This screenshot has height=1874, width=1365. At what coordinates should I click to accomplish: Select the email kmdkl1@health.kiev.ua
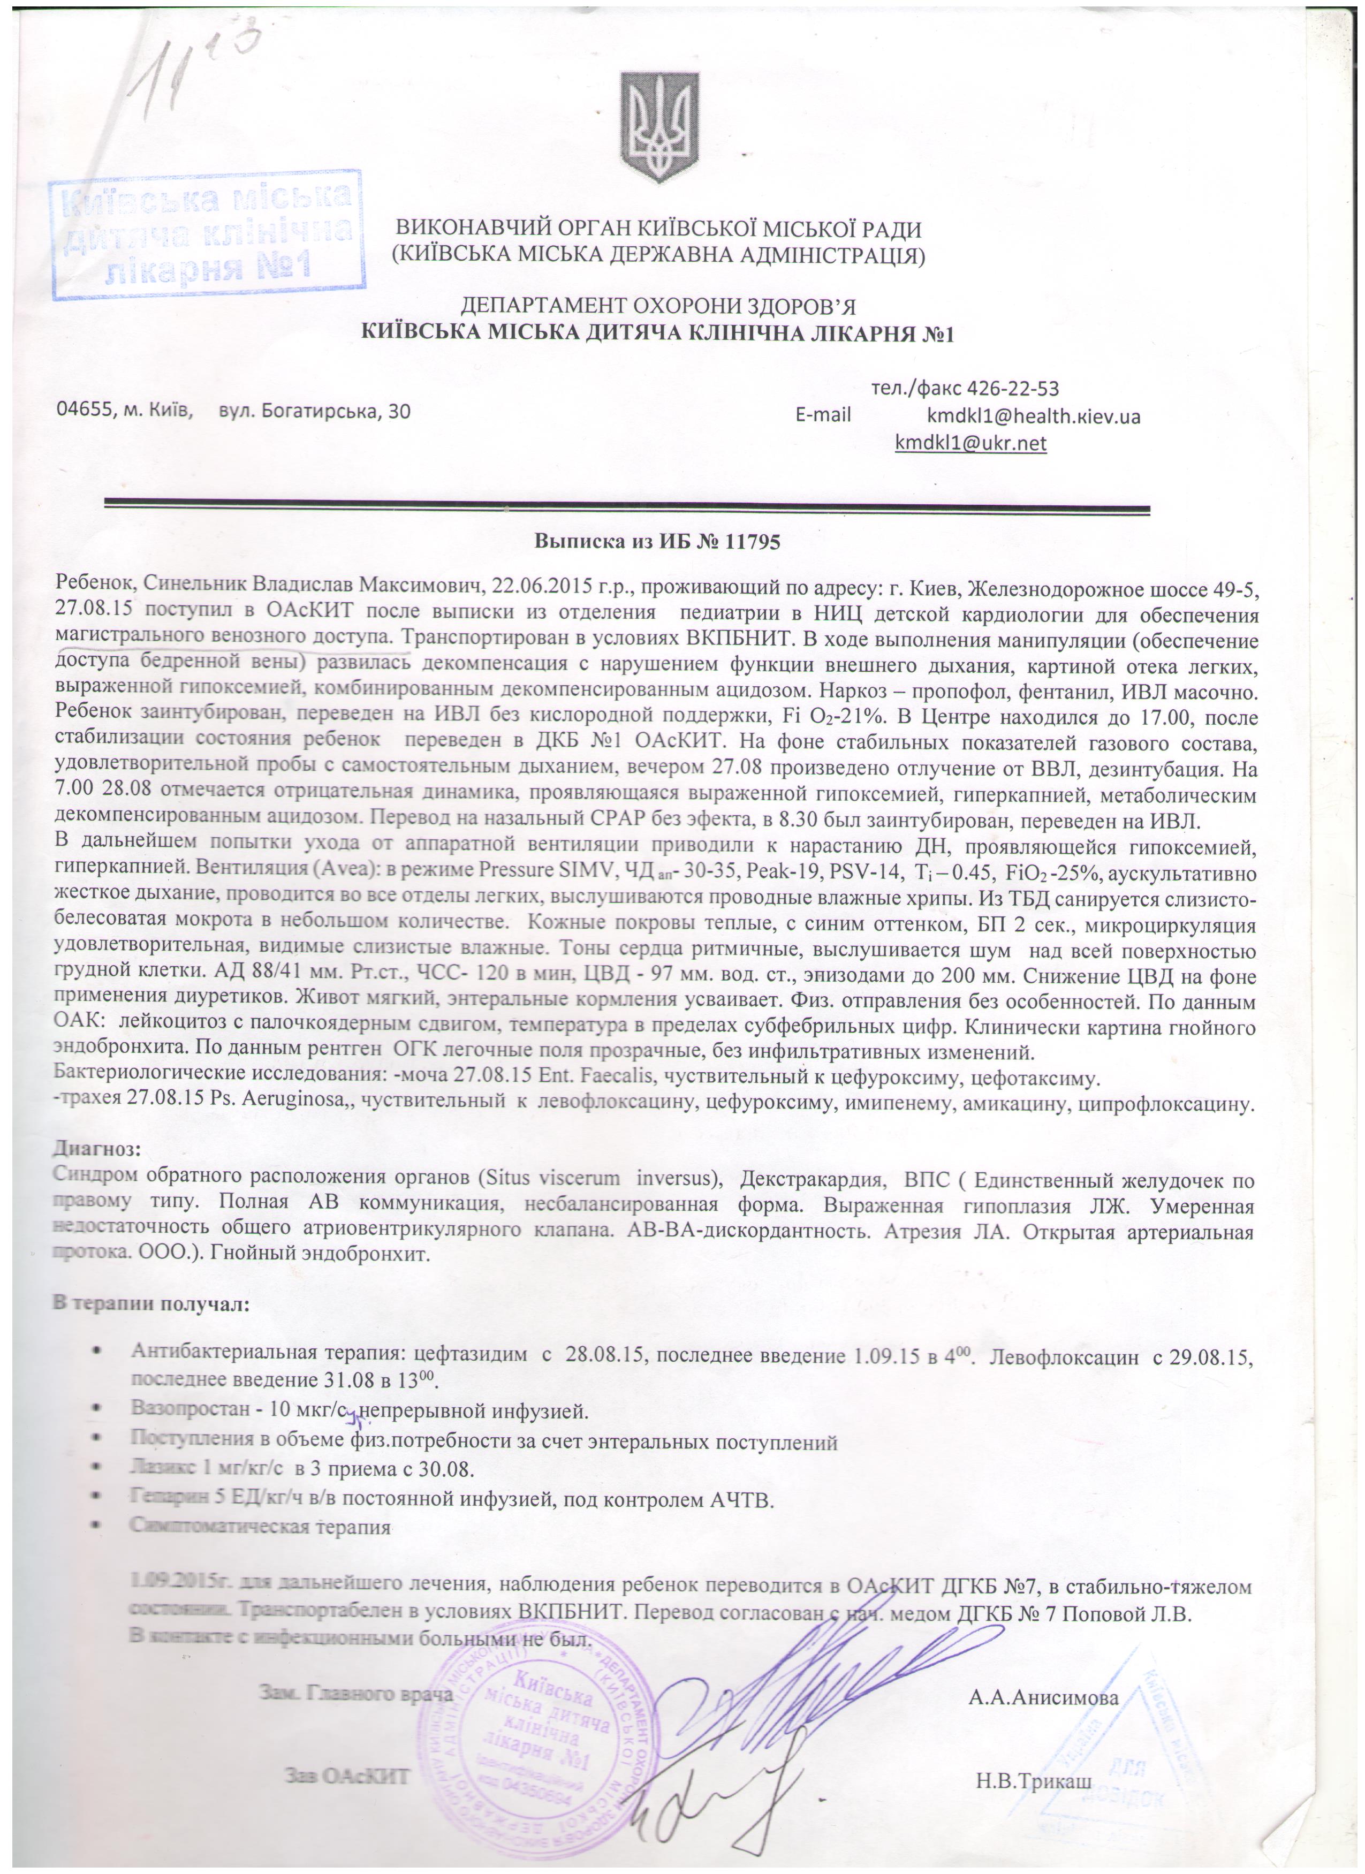pos(1033,415)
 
